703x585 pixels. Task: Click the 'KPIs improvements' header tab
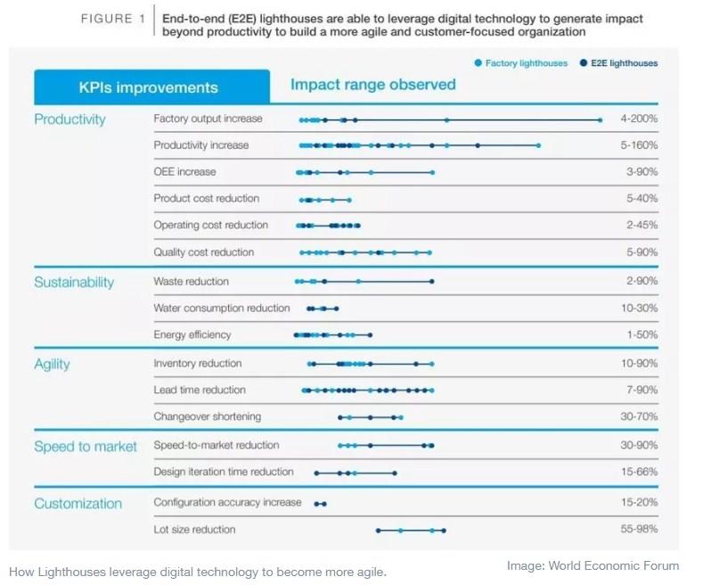[x=148, y=87]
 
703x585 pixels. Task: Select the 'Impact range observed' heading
[x=372, y=85]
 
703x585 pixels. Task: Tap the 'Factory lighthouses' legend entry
[x=521, y=63]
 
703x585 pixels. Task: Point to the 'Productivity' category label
[x=69, y=119]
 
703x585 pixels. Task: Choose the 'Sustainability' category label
[x=74, y=282]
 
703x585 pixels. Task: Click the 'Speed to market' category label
[x=86, y=446]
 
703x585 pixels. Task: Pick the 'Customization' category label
[x=78, y=503]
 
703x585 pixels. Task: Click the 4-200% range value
[x=639, y=119]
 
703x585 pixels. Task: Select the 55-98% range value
[x=640, y=530]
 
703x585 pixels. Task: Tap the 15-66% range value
[x=640, y=472]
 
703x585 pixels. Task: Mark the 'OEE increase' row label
[x=184, y=171]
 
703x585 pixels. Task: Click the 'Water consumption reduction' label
[x=222, y=308]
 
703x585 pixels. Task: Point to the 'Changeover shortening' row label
[x=208, y=416]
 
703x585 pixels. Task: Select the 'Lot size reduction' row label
[x=194, y=530]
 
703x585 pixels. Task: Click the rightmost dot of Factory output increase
[x=601, y=119]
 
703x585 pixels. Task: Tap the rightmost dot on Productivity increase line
[x=538, y=145]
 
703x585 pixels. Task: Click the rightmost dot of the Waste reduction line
[x=432, y=282]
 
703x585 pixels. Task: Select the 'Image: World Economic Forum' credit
[x=593, y=565]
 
